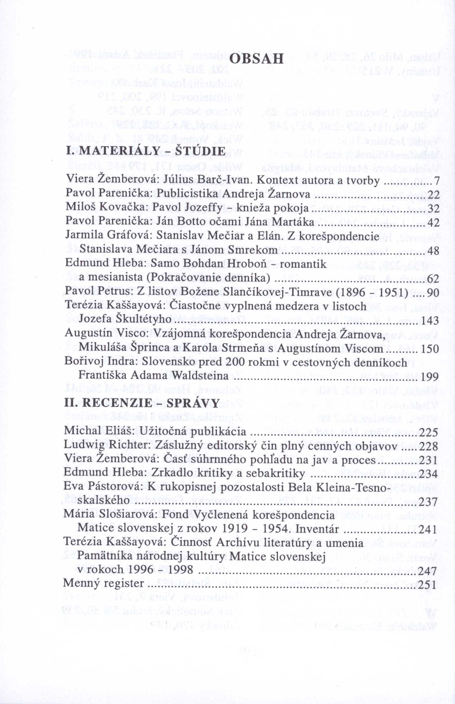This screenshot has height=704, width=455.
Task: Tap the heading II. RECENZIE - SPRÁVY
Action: (142, 402)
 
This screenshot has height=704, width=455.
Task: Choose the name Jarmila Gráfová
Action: (109, 237)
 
